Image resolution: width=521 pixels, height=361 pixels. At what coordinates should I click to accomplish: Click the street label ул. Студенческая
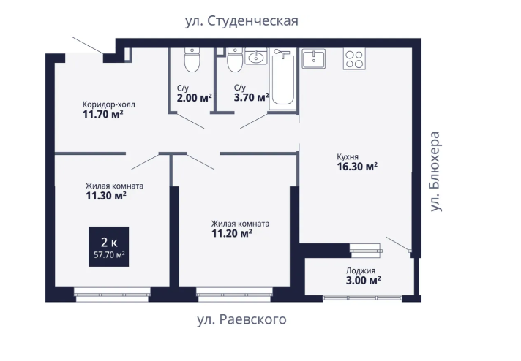pos(241,21)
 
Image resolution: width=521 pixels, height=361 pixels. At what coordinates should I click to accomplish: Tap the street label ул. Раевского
pos(241,319)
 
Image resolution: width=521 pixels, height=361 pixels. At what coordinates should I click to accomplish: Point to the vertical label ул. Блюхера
pos(435,172)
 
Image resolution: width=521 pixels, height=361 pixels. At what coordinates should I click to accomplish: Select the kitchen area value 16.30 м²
pos(357,166)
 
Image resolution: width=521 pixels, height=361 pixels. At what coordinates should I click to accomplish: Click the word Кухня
pos(348,156)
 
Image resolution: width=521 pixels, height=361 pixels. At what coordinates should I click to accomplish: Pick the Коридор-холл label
pos(108,104)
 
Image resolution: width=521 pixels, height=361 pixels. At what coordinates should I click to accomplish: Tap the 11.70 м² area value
pos(103,115)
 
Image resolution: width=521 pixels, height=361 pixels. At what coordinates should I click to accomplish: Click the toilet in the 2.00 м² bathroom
pos(192,60)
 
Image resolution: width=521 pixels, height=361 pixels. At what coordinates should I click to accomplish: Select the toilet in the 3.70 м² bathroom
pos(235,60)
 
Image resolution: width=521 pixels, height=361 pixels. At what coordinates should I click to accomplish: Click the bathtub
pos(282,79)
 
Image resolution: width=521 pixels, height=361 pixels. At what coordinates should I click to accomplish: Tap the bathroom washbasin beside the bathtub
pos(256,56)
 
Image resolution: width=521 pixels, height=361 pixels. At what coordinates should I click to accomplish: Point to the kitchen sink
pos(313,59)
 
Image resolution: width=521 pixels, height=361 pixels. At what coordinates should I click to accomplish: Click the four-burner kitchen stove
pos(354,58)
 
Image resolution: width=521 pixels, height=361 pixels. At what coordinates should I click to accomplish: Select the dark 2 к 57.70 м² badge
pos(108,246)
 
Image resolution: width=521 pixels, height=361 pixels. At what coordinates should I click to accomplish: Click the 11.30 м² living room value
pos(106,196)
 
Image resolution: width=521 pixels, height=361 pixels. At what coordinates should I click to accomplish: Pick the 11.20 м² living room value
pos(231,234)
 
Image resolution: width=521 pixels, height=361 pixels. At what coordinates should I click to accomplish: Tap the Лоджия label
pos(361,270)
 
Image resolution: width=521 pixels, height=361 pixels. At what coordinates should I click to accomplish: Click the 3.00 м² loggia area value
pos(363,281)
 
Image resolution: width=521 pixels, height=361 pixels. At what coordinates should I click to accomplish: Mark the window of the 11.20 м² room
pos(234,294)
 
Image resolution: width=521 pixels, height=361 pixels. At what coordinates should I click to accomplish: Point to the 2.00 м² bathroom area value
pos(195,98)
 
